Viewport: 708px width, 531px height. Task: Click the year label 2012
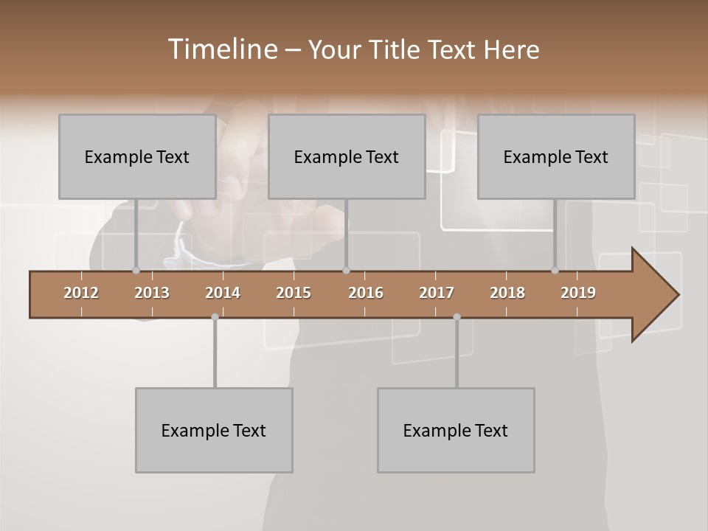[x=81, y=293]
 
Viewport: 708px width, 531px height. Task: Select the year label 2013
[x=152, y=293]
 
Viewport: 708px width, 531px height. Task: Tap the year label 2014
[x=223, y=293]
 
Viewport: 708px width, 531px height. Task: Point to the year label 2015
[x=294, y=293]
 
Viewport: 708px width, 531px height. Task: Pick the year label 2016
[x=366, y=293]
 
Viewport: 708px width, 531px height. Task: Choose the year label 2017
[x=437, y=293]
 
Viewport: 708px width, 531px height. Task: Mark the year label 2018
[x=507, y=293]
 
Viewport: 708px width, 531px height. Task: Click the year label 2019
[x=578, y=293]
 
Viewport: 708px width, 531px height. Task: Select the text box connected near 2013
[x=137, y=156]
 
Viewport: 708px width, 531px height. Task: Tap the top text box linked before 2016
[x=347, y=156]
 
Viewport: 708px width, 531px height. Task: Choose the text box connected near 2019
[x=556, y=156]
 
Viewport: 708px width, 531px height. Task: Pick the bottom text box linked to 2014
[x=214, y=430]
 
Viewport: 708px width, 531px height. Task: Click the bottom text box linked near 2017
[x=456, y=430]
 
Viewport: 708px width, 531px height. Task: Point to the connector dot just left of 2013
[x=136, y=271]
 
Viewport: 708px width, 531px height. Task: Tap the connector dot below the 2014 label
[x=215, y=317]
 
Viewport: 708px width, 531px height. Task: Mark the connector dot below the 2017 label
[x=457, y=317]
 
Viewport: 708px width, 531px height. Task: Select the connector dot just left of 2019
[x=555, y=271]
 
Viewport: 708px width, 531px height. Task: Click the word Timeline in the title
[x=222, y=49]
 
